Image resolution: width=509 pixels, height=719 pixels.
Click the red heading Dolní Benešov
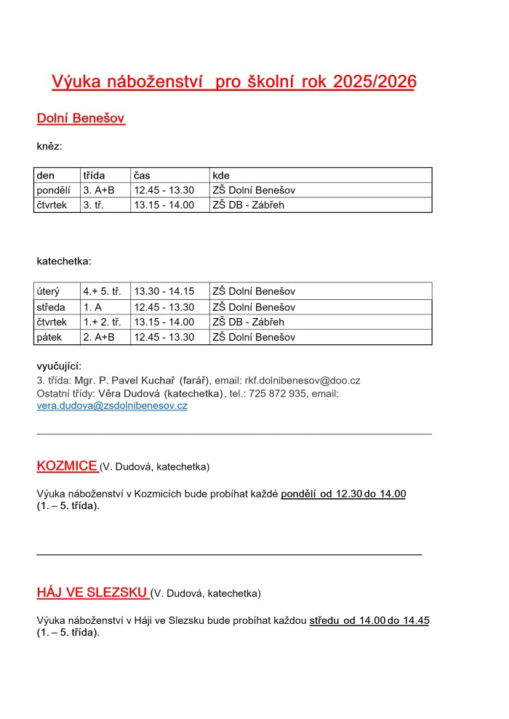81,118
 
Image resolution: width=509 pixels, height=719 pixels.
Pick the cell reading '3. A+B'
99,190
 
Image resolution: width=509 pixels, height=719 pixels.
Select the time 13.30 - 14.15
164,291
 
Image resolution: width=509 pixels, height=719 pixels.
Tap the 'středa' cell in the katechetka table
51,307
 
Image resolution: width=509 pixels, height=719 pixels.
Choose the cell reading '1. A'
92,307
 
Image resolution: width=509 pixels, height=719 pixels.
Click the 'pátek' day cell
49,337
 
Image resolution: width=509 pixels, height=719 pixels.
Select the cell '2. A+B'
99,337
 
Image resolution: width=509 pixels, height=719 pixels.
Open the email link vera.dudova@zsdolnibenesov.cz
112,406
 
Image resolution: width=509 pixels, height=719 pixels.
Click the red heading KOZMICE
67,466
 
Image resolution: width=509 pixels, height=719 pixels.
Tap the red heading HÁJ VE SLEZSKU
92,593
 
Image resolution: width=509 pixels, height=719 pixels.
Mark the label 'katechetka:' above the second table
64,261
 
